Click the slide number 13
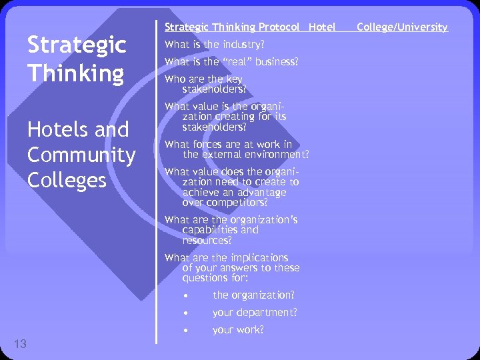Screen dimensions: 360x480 click(20, 344)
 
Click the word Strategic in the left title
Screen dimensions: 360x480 click(76, 45)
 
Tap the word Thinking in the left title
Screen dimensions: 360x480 click(75, 73)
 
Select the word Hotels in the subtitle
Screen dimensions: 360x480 click(59, 129)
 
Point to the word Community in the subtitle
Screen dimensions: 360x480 click(81, 155)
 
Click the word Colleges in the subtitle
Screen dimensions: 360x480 click(67, 180)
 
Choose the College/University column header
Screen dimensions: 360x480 click(402, 27)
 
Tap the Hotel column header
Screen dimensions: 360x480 click(323, 27)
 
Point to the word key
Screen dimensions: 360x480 click(233, 79)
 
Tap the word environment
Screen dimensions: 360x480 click(275, 155)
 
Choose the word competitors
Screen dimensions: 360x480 click(237, 203)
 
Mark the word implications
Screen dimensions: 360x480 click(260, 258)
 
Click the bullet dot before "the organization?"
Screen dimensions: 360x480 click(189, 295)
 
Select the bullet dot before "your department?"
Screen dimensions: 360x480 click(189, 313)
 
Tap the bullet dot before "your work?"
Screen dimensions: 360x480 click(189, 330)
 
